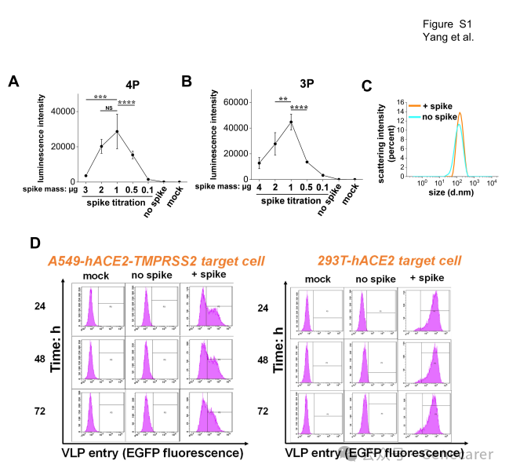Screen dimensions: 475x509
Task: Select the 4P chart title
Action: [x=133, y=84]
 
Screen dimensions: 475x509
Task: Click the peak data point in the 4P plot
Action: [x=117, y=131]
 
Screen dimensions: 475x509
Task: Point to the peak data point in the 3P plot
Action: [x=291, y=122]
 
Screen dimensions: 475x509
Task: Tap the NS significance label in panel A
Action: [x=110, y=109]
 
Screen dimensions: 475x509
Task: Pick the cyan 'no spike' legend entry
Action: [x=440, y=117]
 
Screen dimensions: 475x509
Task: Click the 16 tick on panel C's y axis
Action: [x=398, y=102]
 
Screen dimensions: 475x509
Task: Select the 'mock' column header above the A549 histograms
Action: [x=95, y=276]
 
